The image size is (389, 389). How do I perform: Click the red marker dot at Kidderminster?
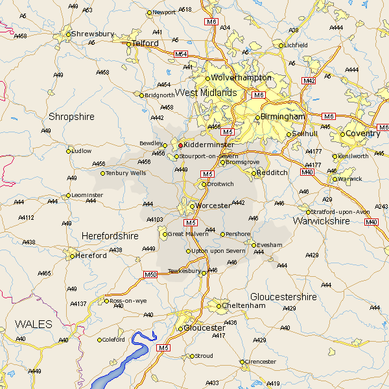[x=180, y=145]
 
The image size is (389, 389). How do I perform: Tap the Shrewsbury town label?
[x=93, y=33]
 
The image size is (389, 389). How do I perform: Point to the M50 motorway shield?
[x=150, y=275]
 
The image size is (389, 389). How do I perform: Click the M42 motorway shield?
[x=309, y=80]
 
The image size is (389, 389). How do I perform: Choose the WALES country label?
[x=34, y=323]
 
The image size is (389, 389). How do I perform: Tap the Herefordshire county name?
[x=110, y=237]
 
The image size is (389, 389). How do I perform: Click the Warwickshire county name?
[x=322, y=221]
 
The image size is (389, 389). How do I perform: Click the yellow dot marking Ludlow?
[x=69, y=151]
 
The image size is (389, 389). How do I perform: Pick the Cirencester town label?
[x=261, y=361]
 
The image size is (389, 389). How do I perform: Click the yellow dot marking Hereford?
[x=72, y=256]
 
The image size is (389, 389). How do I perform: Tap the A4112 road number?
[x=26, y=218]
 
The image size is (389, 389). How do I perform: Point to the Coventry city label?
[x=363, y=134]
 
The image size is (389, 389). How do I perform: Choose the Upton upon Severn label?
[x=218, y=251]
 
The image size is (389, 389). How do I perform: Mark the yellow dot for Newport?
[x=149, y=12]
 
